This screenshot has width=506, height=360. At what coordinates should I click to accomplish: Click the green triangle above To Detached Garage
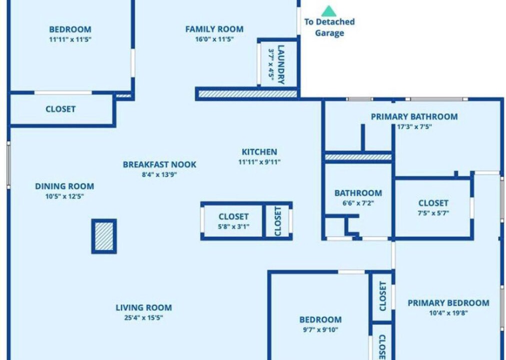pyautogui.click(x=329, y=11)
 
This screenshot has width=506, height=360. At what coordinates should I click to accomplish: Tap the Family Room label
pyautogui.click(x=214, y=29)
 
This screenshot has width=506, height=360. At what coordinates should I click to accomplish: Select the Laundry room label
pyautogui.click(x=281, y=64)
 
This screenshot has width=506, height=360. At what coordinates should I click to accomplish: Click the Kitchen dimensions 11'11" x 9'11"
pyautogui.click(x=259, y=162)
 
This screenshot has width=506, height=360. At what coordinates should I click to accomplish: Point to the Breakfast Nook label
pyautogui.click(x=159, y=164)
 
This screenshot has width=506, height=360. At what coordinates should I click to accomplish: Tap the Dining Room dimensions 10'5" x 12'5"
pyautogui.click(x=64, y=196)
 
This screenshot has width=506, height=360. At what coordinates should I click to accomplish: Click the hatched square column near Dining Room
pyautogui.click(x=104, y=236)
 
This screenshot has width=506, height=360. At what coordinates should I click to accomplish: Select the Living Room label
pyautogui.click(x=143, y=307)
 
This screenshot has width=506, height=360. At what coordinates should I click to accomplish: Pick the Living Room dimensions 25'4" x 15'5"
pyautogui.click(x=143, y=317)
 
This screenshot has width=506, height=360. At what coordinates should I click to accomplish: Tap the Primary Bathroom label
pyautogui.click(x=414, y=116)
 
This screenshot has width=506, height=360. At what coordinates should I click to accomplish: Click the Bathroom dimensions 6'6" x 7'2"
pyautogui.click(x=358, y=203)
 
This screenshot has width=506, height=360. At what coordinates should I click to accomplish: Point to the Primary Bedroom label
pyautogui.click(x=448, y=303)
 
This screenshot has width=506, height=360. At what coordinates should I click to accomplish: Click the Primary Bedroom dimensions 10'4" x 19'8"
pyautogui.click(x=448, y=313)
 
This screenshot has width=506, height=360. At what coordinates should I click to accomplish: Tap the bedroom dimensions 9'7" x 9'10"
pyautogui.click(x=320, y=329)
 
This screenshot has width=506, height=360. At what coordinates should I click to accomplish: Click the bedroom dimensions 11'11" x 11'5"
pyautogui.click(x=70, y=39)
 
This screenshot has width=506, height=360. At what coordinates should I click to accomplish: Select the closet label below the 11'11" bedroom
pyautogui.click(x=60, y=109)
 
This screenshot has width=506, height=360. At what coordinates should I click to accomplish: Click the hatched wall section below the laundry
pyautogui.click(x=247, y=94)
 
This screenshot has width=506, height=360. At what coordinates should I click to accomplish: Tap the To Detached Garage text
pyautogui.click(x=329, y=27)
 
